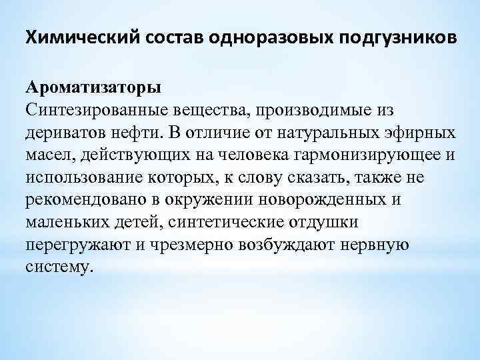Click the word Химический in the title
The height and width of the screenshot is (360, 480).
click(79, 36)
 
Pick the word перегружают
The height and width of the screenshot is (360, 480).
click(75, 245)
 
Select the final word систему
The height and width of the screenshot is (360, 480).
click(56, 267)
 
